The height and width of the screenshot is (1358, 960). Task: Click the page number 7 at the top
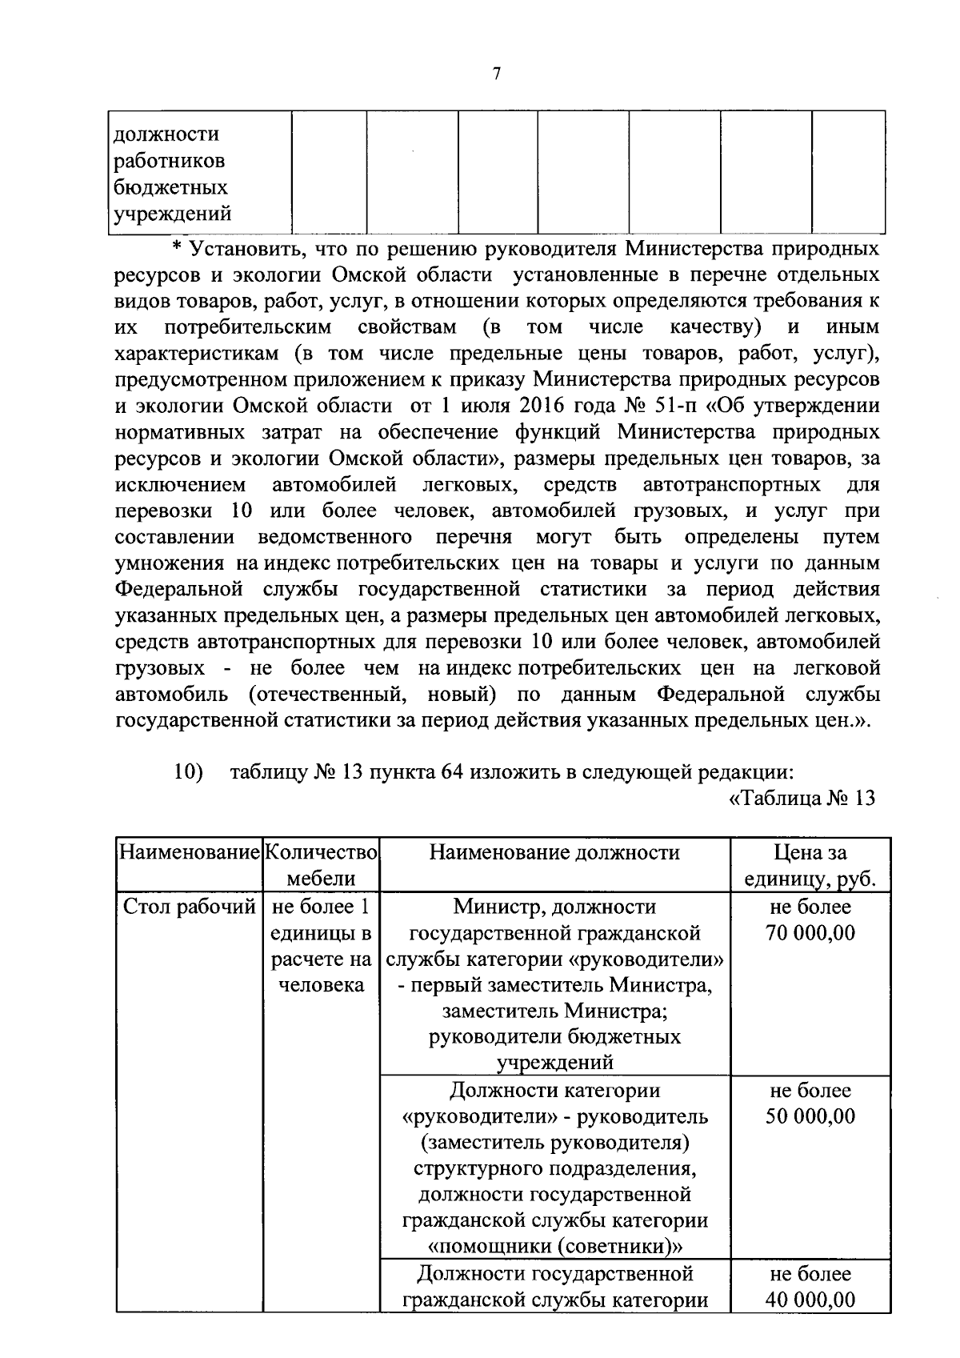496,74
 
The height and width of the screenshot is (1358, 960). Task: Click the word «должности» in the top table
166,134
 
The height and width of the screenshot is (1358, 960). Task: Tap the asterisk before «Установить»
178,248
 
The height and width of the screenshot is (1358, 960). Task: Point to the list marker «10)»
189,773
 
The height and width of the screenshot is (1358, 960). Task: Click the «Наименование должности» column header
554,853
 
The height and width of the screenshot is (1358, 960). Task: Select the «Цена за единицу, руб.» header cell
810,866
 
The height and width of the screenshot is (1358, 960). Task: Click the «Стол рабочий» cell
189,907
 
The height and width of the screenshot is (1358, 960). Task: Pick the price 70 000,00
810,933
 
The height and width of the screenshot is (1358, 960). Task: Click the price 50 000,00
810,1116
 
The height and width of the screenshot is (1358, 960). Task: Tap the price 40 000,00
810,1300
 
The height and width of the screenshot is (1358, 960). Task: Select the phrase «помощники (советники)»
554,1247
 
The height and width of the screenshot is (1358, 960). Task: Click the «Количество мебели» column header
321,866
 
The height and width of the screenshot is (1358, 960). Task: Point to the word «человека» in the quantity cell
321,985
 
